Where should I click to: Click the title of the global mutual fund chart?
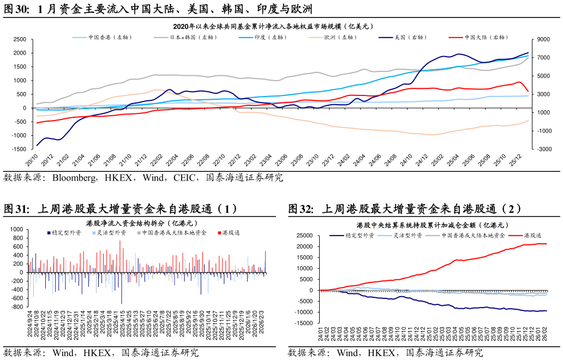pyautogui.click(x=273, y=26)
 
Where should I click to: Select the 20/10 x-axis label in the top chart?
pyautogui.click(x=32, y=160)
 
